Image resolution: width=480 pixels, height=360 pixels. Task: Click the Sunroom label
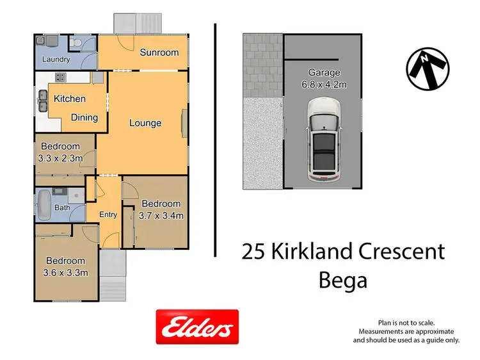(159, 52)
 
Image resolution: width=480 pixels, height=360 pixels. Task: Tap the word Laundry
(56, 60)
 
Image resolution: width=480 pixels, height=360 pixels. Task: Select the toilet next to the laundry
(76, 42)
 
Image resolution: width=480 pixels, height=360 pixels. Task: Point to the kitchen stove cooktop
(61, 78)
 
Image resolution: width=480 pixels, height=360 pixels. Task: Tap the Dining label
(84, 117)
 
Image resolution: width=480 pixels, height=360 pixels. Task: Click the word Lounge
(145, 122)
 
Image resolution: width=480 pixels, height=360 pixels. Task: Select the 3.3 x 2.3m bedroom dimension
(58, 158)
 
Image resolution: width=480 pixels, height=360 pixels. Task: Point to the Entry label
(108, 215)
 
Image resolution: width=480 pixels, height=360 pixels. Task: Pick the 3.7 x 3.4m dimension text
(161, 216)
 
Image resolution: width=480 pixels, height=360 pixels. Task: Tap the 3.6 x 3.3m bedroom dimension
(65, 272)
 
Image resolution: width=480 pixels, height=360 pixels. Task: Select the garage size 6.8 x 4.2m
(324, 84)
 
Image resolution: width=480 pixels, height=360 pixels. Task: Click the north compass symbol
(428, 67)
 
